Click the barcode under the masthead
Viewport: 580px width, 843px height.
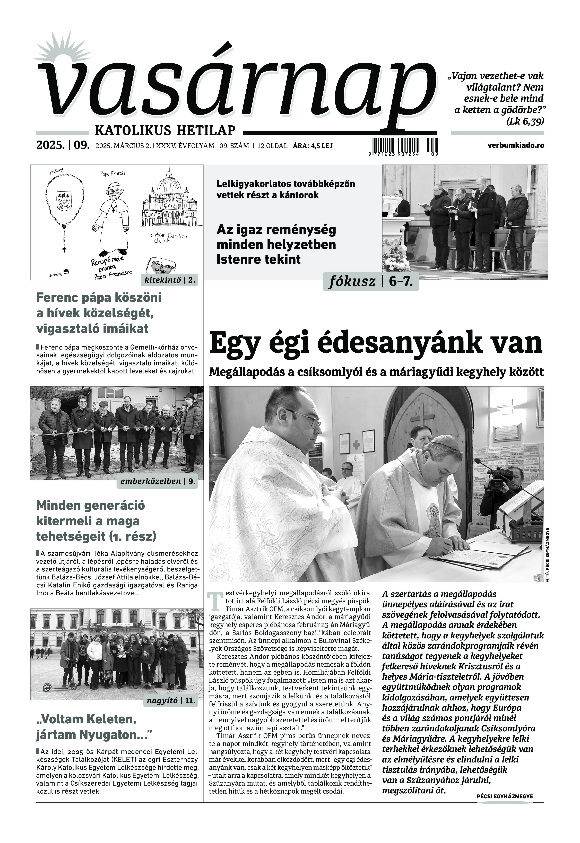point(405,145)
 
